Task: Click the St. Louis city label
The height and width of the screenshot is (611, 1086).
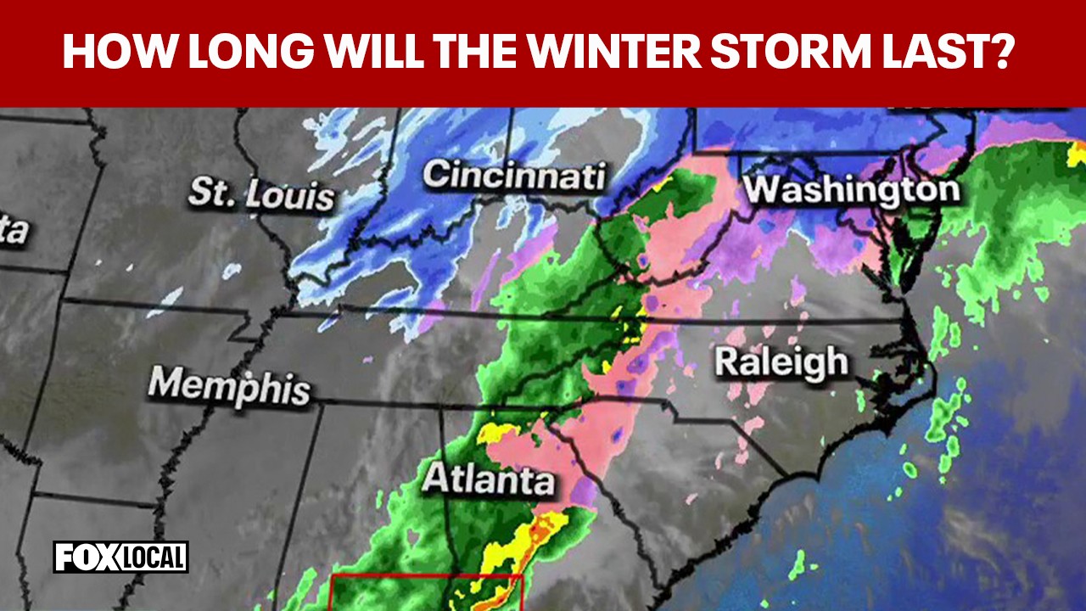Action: pos(261,193)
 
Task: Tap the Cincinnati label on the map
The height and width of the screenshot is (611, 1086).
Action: pos(514,176)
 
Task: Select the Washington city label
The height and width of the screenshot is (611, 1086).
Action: pos(852,189)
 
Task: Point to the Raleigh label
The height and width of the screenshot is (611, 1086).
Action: pos(781,362)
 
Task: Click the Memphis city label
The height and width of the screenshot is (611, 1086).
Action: pos(229,386)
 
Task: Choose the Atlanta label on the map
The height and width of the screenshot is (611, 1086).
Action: pos(488,480)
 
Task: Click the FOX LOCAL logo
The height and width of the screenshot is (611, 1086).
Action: pos(121,558)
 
